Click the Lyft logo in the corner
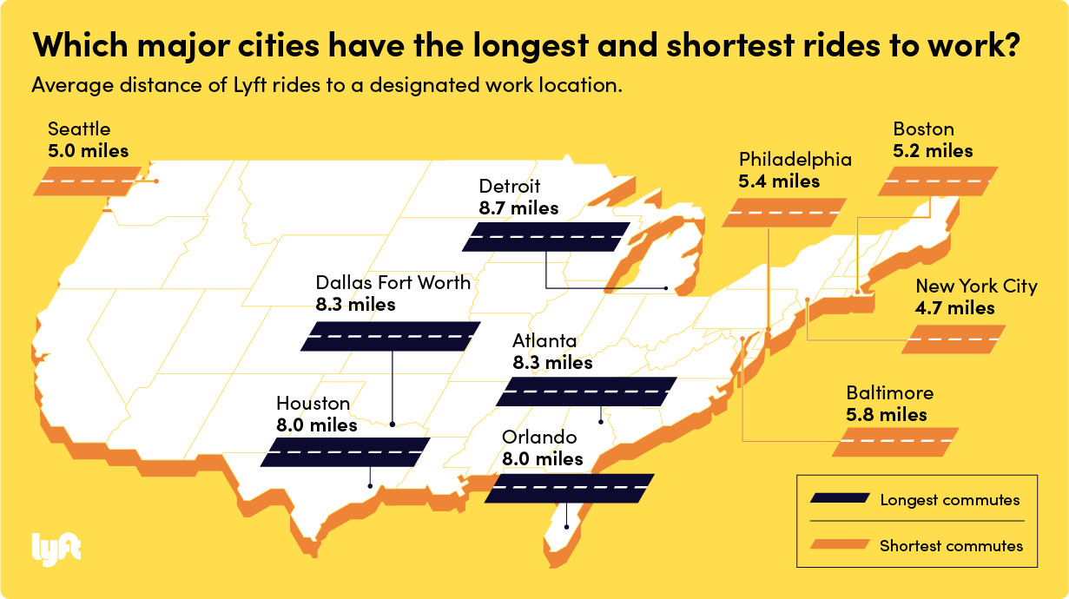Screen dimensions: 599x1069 (56, 548)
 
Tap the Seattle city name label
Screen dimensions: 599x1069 (79, 130)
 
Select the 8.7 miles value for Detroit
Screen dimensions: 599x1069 (518, 208)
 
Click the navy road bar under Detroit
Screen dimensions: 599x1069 (546, 237)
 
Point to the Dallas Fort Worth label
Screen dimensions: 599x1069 (393, 282)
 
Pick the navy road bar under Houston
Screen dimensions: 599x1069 (345, 452)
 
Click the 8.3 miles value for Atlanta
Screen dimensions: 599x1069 (552, 363)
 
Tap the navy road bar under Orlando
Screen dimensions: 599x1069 (569, 488)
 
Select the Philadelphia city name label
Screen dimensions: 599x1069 (795, 160)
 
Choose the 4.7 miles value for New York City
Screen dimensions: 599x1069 (955, 308)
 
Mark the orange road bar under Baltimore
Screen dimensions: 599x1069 (895, 442)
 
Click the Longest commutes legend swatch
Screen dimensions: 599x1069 (839, 499)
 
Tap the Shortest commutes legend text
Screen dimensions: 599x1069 (951, 546)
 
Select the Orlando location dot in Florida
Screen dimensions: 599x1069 (566, 526)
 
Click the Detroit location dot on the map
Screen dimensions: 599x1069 (665, 287)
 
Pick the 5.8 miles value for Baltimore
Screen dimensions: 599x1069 (887, 415)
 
